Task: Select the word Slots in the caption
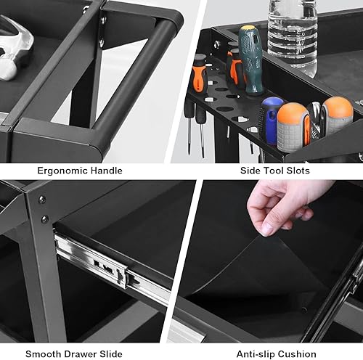tap(298, 171)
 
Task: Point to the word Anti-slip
tap(256, 354)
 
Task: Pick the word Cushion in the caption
tap(297, 354)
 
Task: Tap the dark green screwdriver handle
tap(250, 60)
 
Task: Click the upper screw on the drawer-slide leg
tap(42, 200)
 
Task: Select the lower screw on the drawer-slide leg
tap(45, 219)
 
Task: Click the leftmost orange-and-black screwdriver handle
tap(200, 74)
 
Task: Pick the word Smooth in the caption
tap(40, 354)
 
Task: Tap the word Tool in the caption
tap(274, 171)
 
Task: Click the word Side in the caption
tap(250, 171)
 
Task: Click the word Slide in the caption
tap(110, 354)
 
